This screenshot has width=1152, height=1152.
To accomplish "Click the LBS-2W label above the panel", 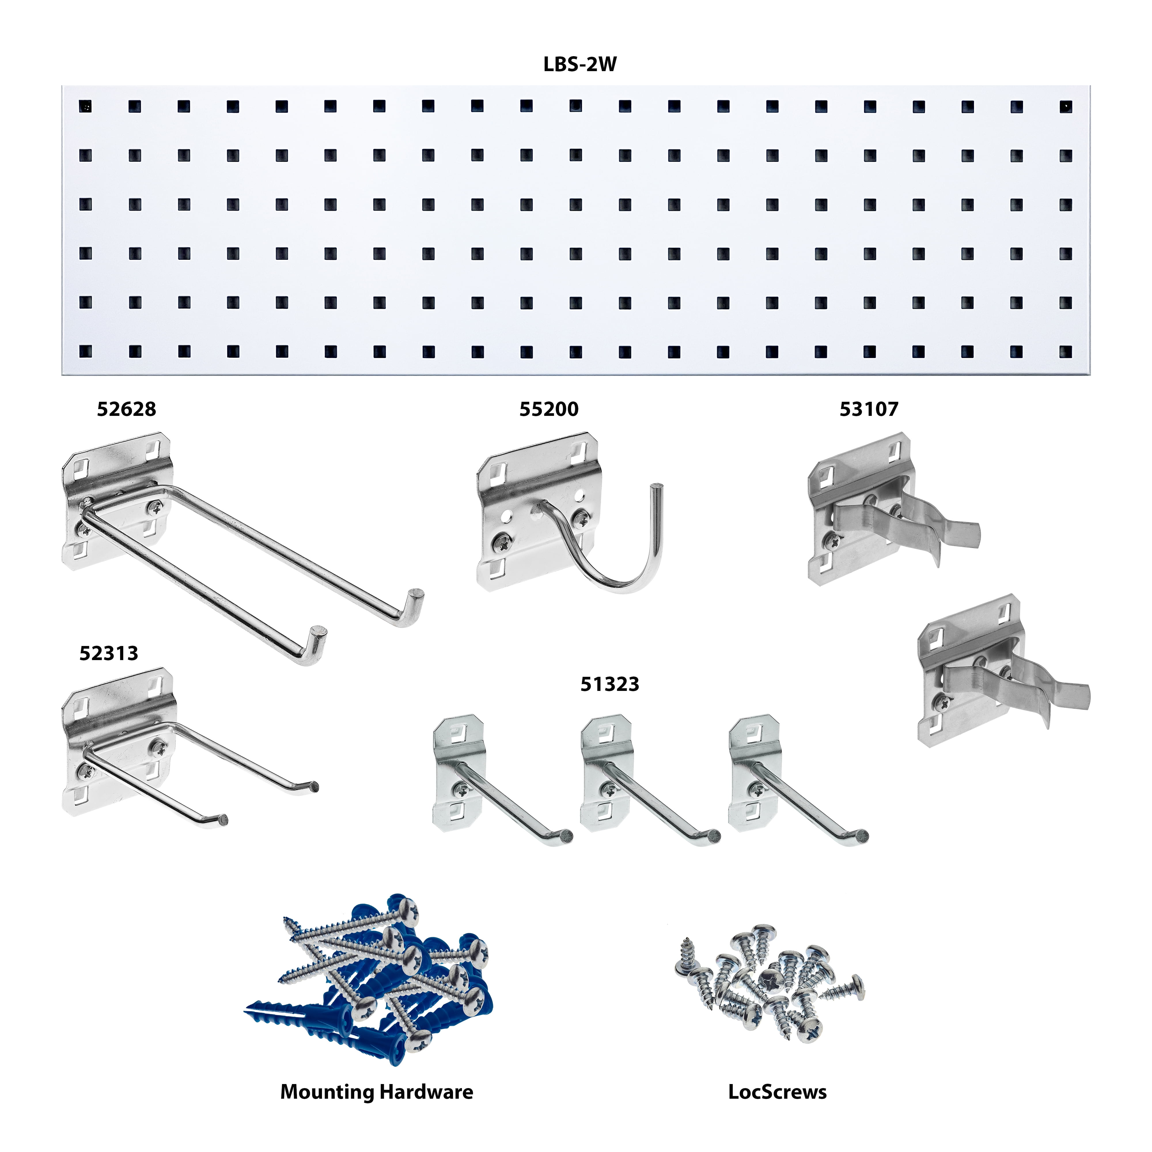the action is pos(579,65).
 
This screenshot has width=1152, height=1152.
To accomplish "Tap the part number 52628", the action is pos(126,409).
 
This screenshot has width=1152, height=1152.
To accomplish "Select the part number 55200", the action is pos(549,409).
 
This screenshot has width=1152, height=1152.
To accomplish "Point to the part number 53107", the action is pos(869,409).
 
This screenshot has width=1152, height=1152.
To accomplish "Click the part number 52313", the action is pos(109,653).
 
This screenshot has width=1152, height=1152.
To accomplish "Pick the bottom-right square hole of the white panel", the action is pos(1066,352).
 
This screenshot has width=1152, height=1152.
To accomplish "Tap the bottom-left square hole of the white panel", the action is pos(86,352).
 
